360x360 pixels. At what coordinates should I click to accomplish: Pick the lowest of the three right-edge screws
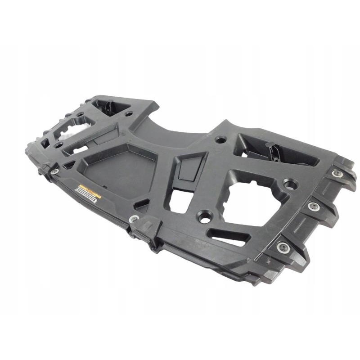(282, 246)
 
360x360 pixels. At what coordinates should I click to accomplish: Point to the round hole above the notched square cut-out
(220, 139)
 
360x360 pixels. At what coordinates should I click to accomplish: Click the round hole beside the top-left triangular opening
(130, 113)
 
